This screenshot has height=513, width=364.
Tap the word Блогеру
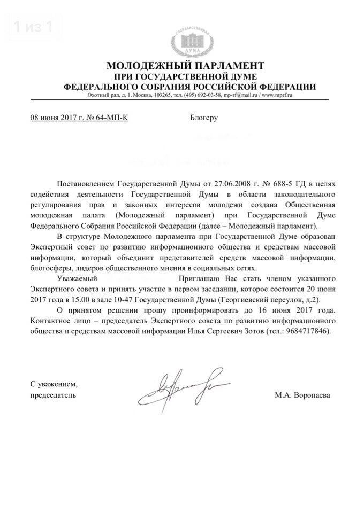point(204,117)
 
